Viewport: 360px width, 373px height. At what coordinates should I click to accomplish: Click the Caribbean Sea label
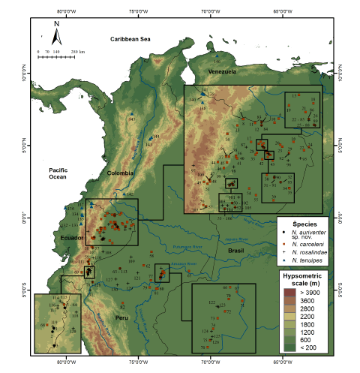point(130,38)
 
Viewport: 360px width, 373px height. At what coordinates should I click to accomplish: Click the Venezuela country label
point(221,71)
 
